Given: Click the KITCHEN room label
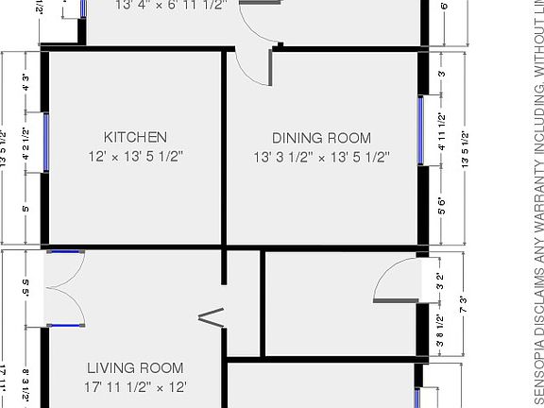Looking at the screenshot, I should click(x=135, y=137).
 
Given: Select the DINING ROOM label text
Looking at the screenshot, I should click(x=321, y=137).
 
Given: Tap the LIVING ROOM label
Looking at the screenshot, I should click(x=135, y=367).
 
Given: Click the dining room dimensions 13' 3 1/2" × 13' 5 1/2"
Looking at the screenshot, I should click(x=321, y=157).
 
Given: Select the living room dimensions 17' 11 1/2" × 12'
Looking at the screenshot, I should click(x=135, y=386).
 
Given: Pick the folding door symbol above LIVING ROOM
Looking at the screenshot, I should click(x=212, y=316).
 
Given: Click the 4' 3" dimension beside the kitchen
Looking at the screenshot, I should click(x=25, y=82).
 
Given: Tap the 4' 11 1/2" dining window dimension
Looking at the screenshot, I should click(x=442, y=129).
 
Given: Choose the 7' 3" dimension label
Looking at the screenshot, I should click(x=464, y=304).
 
